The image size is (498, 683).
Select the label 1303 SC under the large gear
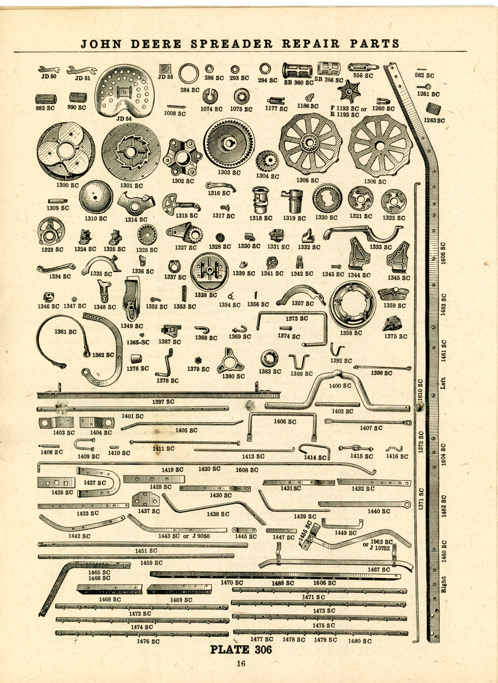[229, 173]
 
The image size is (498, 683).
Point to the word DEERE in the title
[156, 44]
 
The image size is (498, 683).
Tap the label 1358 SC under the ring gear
[351, 333]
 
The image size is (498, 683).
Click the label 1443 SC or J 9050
[184, 536]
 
